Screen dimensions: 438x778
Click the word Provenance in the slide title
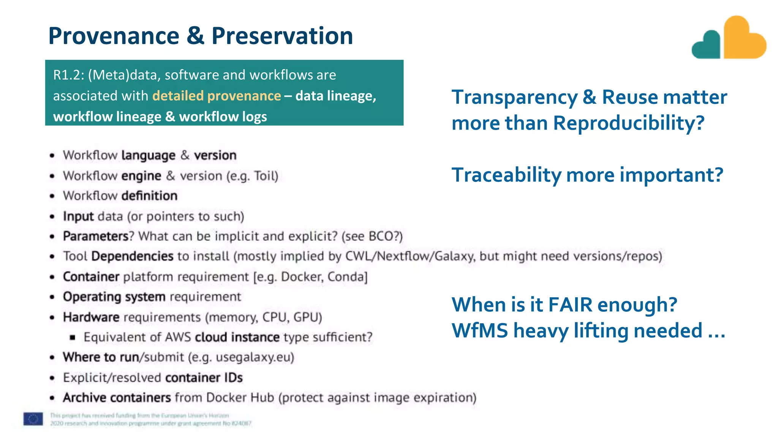[114, 36]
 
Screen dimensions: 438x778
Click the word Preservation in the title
[282, 36]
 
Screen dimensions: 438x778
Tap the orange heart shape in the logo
[743, 40]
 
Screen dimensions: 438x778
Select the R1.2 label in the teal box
[68, 75]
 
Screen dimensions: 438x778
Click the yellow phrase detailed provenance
[217, 96]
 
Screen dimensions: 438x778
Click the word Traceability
[506, 175]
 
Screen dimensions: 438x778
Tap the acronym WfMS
[479, 331]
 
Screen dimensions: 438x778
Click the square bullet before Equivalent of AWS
[73, 337]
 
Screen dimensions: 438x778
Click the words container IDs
[204, 378]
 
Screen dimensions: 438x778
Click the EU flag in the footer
[33, 419]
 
